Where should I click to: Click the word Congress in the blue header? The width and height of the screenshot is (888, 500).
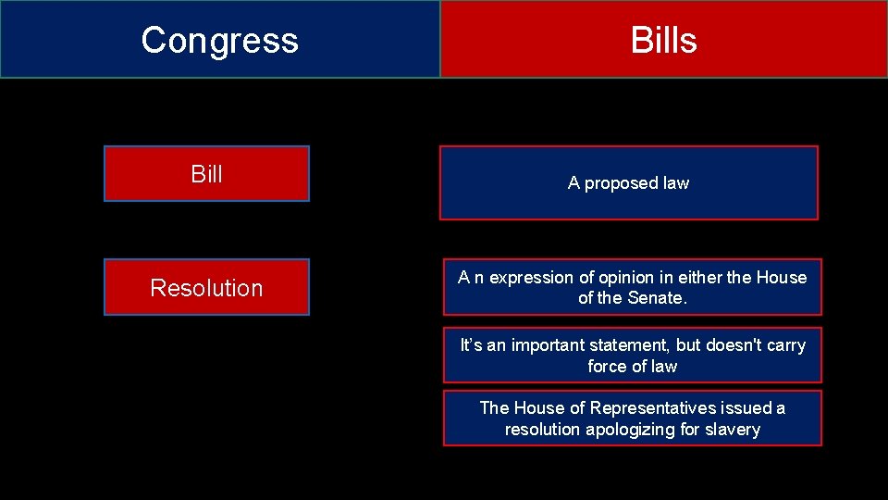(x=219, y=40)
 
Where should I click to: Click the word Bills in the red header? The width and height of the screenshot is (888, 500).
(x=663, y=40)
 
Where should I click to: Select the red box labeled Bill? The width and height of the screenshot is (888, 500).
(x=206, y=174)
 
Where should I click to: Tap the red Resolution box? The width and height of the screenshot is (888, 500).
(x=206, y=288)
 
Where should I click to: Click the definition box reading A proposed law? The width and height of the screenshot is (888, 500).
(x=628, y=183)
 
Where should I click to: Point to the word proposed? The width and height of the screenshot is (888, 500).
(x=618, y=183)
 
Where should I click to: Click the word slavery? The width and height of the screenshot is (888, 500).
(x=732, y=430)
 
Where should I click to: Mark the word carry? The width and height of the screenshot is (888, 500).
(x=786, y=345)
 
